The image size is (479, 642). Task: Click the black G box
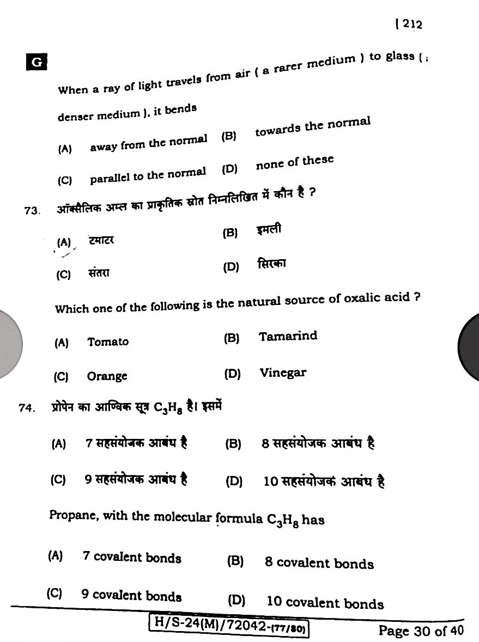[x=37, y=62]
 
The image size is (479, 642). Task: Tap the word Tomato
[x=108, y=342]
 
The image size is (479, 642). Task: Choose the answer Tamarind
[x=288, y=336]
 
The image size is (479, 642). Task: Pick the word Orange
[x=107, y=376]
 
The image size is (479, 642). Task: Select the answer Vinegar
[x=283, y=373]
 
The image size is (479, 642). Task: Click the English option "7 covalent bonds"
[x=132, y=557]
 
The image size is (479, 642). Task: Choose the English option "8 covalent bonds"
[x=319, y=563]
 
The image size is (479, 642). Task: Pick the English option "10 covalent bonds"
[x=325, y=602]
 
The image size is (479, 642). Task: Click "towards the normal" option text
[x=313, y=127]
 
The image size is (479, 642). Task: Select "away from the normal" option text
[x=148, y=143]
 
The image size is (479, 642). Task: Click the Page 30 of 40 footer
[x=421, y=631]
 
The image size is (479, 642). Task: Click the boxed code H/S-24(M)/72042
[x=229, y=629]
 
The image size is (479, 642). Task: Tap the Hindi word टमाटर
[x=101, y=240]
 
